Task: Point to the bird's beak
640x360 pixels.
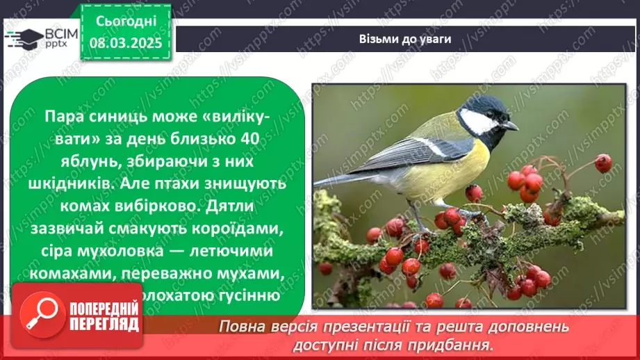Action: pos(511,126)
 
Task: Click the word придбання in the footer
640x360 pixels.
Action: pos(460,344)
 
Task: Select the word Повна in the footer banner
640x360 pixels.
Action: pos(239,325)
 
